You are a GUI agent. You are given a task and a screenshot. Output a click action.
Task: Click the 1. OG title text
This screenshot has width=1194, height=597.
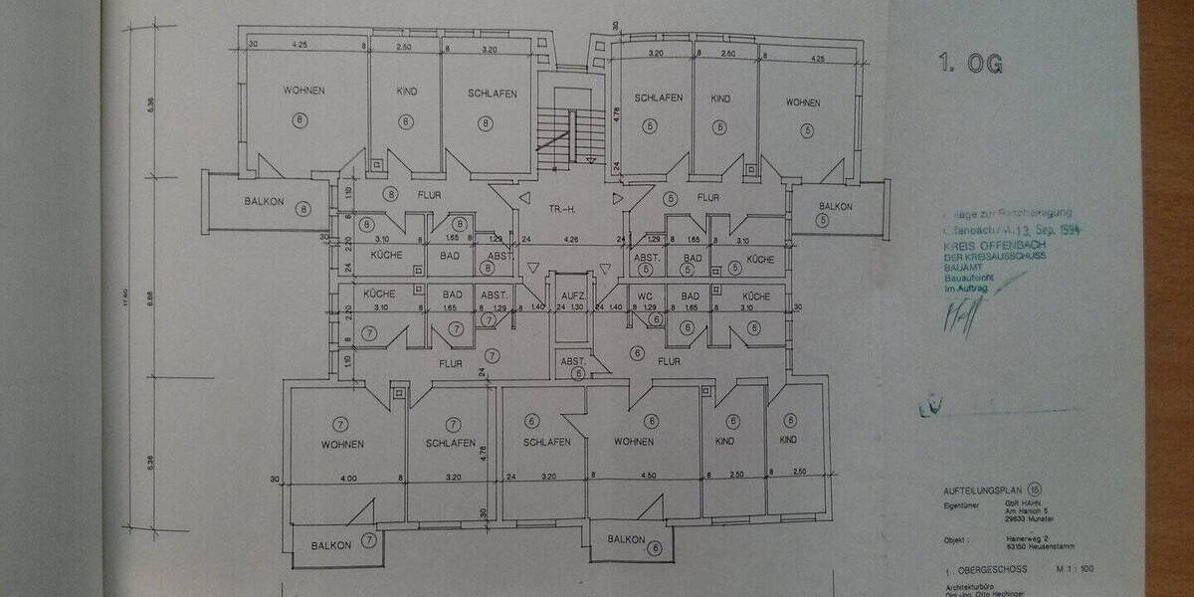coord(969,65)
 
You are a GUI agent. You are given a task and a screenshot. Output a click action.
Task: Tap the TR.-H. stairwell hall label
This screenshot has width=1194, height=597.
coord(563,210)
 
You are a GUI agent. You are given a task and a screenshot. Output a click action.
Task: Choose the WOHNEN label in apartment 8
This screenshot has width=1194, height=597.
coord(303,91)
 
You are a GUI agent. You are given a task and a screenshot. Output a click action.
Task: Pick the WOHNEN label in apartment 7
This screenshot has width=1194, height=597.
coord(342,444)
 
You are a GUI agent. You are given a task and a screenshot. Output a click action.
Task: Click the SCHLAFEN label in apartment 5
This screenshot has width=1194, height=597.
coord(658,98)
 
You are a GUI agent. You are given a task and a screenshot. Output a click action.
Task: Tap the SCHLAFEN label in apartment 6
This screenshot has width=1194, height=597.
coord(546,442)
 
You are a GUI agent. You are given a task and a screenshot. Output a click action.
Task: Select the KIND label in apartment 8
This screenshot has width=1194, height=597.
coord(406,92)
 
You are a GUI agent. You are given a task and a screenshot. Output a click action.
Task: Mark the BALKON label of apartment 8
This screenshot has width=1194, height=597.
coord(264,202)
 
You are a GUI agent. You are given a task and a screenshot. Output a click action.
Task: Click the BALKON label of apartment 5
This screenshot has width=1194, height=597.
coord(836,207)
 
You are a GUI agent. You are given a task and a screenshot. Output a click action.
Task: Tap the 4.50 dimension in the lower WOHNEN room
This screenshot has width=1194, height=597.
coord(649,476)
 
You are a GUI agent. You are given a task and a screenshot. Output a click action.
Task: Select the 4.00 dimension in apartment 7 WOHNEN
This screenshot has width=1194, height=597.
coord(348,479)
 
